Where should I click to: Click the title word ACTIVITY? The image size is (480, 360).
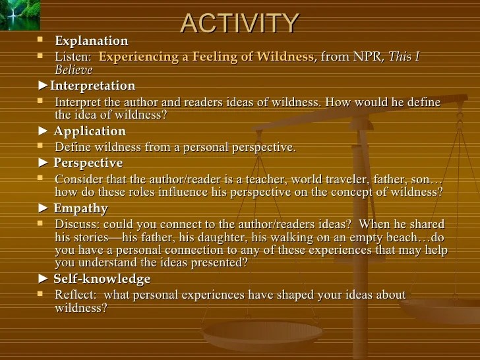click(239, 23)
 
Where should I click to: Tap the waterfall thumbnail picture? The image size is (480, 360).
click(20, 15)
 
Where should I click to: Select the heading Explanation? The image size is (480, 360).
click(92, 41)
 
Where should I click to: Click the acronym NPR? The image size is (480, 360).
click(367, 56)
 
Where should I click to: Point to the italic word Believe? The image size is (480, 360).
click(74, 70)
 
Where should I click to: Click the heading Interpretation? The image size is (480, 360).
click(93, 86)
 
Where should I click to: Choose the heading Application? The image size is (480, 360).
click(90, 131)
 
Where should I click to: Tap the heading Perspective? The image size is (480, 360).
click(88, 163)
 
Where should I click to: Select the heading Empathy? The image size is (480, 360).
click(81, 208)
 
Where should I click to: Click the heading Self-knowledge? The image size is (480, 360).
click(102, 279)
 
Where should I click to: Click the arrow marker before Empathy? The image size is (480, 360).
click(43, 208)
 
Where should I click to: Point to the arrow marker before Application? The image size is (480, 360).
click(43, 131)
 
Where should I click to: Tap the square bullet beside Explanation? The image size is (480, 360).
click(40, 40)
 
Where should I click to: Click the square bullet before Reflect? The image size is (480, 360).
click(40, 293)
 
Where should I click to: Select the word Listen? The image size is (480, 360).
click(73, 56)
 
